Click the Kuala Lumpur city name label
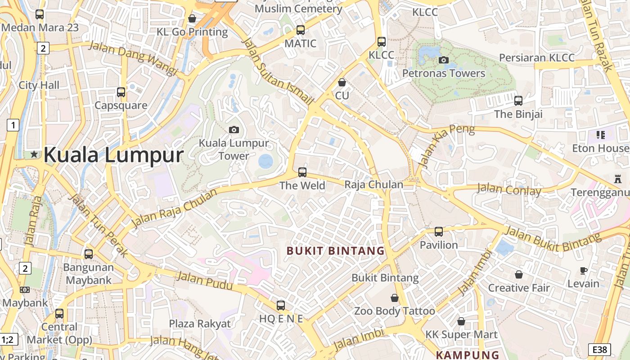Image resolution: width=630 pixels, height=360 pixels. click(113, 155)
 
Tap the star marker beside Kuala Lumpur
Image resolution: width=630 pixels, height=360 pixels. click(34, 154)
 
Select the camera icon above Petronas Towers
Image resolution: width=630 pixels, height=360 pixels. click(443, 60)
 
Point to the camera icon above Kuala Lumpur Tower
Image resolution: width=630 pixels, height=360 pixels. click(234, 130)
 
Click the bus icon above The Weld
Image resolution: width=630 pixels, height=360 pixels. click(302, 172)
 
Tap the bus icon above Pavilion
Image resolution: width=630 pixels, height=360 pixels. click(438, 232)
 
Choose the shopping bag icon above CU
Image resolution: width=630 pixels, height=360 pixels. click(342, 82)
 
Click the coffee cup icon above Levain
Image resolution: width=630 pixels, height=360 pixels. click(583, 270)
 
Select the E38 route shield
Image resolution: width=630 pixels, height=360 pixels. click(599, 350)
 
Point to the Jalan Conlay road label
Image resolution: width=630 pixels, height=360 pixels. click(509, 189)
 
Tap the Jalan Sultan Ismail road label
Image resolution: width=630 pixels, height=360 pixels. click(277, 72)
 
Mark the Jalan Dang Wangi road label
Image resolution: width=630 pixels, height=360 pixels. click(133, 58)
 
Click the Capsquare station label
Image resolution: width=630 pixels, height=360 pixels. click(121, 105)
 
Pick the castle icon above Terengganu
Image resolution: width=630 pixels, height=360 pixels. click(617, 179)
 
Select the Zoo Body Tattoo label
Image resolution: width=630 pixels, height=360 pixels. click(395, 311)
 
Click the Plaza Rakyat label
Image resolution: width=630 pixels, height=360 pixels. click(199, 324)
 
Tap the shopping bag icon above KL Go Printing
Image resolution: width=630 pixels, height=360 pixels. click(192, 18)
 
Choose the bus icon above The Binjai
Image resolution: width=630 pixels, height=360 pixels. click(518, 101)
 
